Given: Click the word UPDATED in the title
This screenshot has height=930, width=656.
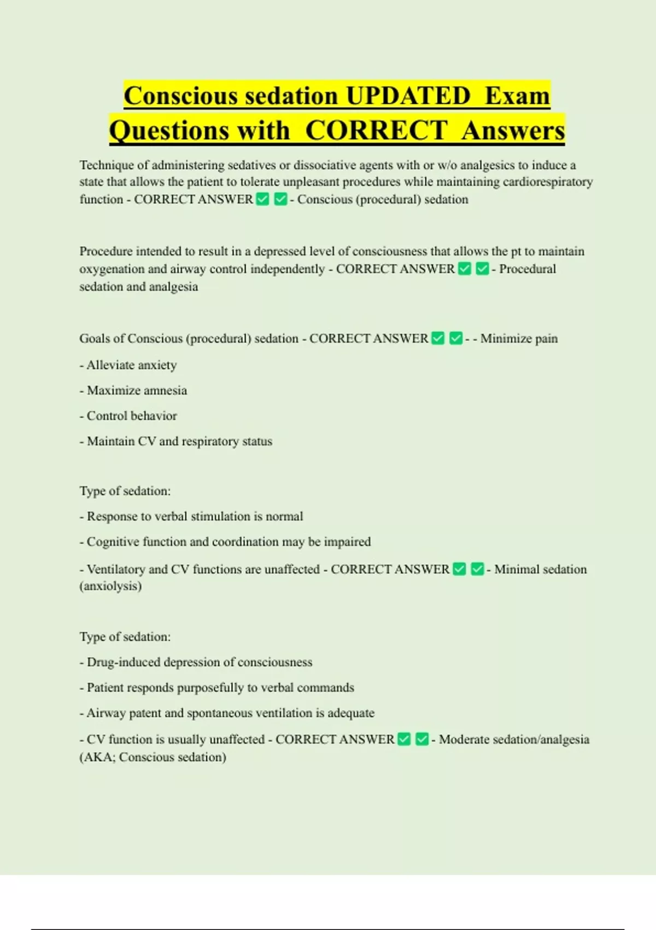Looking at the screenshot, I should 408,96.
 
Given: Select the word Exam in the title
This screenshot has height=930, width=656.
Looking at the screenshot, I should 517,96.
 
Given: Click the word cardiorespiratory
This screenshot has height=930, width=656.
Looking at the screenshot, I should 548,182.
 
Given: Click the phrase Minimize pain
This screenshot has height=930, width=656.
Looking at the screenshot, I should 519,339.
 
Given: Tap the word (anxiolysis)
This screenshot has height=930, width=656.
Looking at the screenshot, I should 110,586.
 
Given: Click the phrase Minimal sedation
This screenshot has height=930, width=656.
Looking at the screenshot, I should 540,569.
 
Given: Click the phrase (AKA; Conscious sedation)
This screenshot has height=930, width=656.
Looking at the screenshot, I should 153,757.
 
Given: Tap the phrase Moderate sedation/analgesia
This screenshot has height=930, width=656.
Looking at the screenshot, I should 514,740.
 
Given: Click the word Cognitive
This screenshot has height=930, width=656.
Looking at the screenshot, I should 113,542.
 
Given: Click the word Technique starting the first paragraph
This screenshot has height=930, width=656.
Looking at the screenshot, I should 106,165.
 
